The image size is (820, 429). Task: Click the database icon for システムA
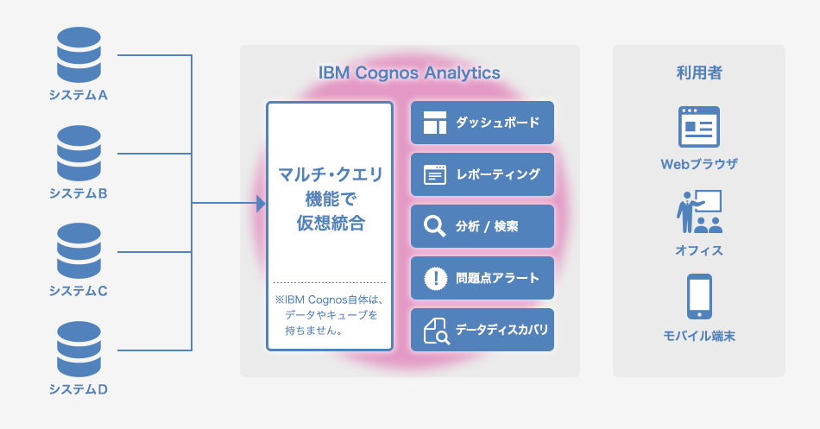[x=79, y=55]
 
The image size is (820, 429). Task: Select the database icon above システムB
[x=79, y=154]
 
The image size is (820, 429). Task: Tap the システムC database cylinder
[x=79, y=251]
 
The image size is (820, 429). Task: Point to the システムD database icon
[x=79, y=350]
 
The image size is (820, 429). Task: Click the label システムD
[x=79, y=389]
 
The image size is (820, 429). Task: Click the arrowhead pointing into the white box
[x=261, y=203]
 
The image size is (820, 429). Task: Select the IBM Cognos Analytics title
[x=409, y=73]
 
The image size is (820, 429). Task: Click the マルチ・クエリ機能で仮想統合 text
[x=330, y=199]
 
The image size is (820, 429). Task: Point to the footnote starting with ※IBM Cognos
[x=330, y=315]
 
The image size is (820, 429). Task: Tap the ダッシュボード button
[x=483, y=123]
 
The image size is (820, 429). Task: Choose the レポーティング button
[x=483, y=174]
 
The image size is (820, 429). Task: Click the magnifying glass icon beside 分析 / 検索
[x=434, y=226]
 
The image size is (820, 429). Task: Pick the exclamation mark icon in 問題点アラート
[x=435, y=278]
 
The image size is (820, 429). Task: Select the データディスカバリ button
[x=483, y=330]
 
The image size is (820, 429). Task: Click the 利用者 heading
[x=699, y=73]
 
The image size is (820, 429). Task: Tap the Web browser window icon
[x=699, y=127]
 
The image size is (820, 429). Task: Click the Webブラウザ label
[x=699, y=164]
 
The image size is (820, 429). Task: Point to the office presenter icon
[x=699, y=211]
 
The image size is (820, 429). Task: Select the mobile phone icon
[x=699, y=296]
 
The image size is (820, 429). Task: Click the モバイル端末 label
[x=699, y=336]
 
